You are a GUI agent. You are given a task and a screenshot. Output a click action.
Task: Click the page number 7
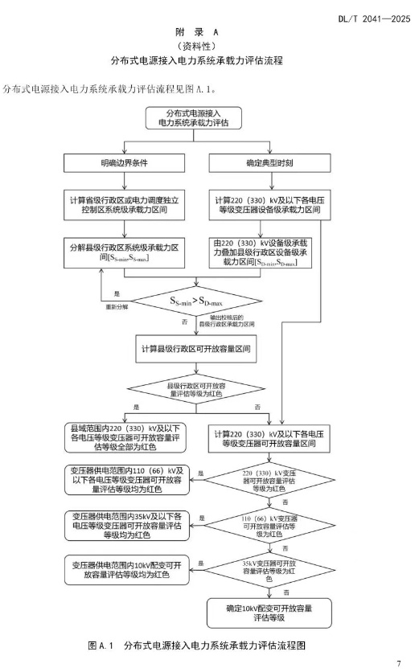click(398, 663)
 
